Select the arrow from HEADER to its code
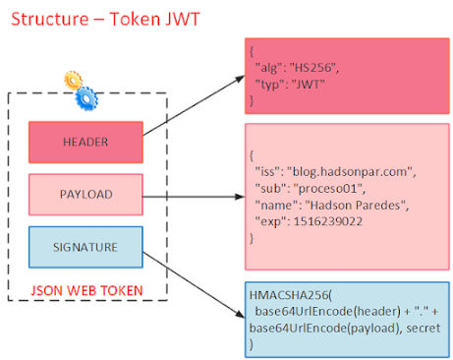(x=191, y=110)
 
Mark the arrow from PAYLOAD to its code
(x=192, y=195)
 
